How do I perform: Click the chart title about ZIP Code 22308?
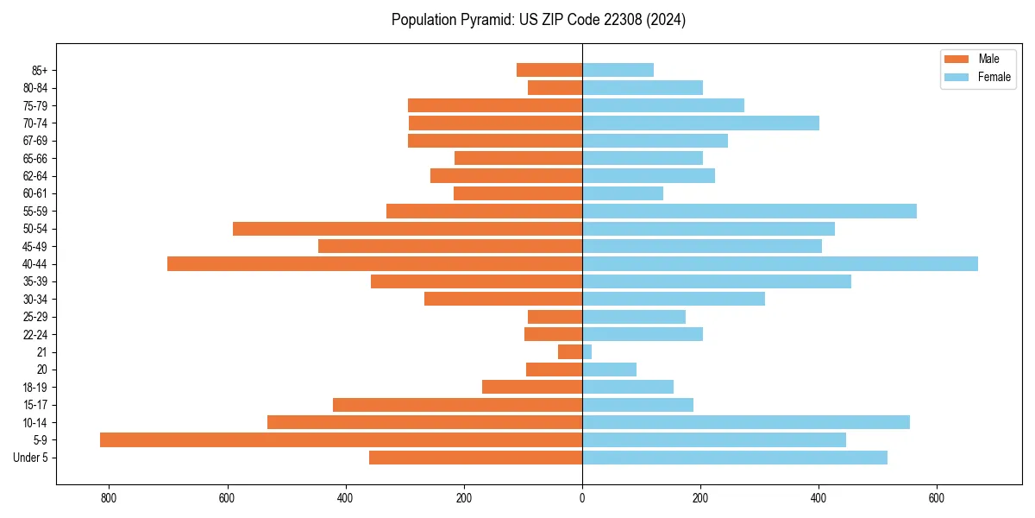pyautogui.click(x=538, y=20)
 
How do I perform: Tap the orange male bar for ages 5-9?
pyautogui.click(x=341, y=439)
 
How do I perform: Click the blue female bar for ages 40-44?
pyautogui.click(x=780, y=263)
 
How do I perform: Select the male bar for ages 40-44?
pyautogui.click(x=374, y=263)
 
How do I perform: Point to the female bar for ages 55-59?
pyautogui.click(x=750, y=211)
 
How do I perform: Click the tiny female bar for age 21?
pyautogui.click(x=587, y=351)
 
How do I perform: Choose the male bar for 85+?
pyautogui.click(x=549, y=70)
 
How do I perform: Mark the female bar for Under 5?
pyautogui.click(x=735, y=457)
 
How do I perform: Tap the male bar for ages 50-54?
pyautogui.click(x=407, y=229)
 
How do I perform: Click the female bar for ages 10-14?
pyautogui.click(x=746, y=422)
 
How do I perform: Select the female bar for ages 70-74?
pyautogui.click(x=700, y=123)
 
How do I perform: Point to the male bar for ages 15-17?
pyautogui.click(x=457, y=404)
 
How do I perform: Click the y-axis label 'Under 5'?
pyautogui.click(x=30, y=457)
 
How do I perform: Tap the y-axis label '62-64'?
pyautogui.click(x=35, y=175)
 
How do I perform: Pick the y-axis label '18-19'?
pyautogui.click(x=35, y=387)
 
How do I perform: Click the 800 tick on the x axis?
pyautogui.click(x=109, y=498)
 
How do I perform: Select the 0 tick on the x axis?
pyautogui.click(x=582, y=498)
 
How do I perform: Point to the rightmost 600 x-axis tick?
pyautogui.click(x=937, y=498)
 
